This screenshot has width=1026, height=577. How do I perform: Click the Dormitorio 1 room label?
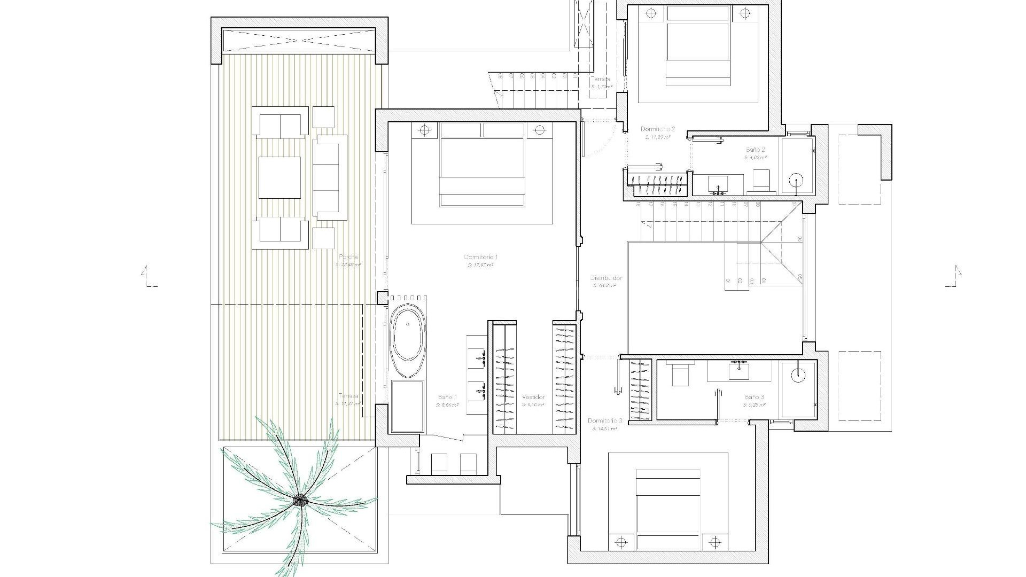point(481,258)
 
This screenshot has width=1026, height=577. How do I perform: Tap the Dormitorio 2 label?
point(658,129)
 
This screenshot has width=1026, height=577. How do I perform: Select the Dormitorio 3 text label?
point(604,421)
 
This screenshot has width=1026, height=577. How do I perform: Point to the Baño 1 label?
point(447,397)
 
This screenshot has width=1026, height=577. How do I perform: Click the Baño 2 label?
point(756,150)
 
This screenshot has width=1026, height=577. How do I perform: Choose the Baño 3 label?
point(754,397)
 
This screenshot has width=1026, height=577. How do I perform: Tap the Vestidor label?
point(533,397)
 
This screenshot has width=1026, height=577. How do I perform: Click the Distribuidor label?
point(605,278)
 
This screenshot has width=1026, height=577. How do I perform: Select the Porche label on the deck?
point(348,257)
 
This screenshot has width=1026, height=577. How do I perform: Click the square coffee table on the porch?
point(279,177)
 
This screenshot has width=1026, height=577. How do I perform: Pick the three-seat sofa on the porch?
point(330,177)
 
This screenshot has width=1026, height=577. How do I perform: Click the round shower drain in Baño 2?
point(797,181)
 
